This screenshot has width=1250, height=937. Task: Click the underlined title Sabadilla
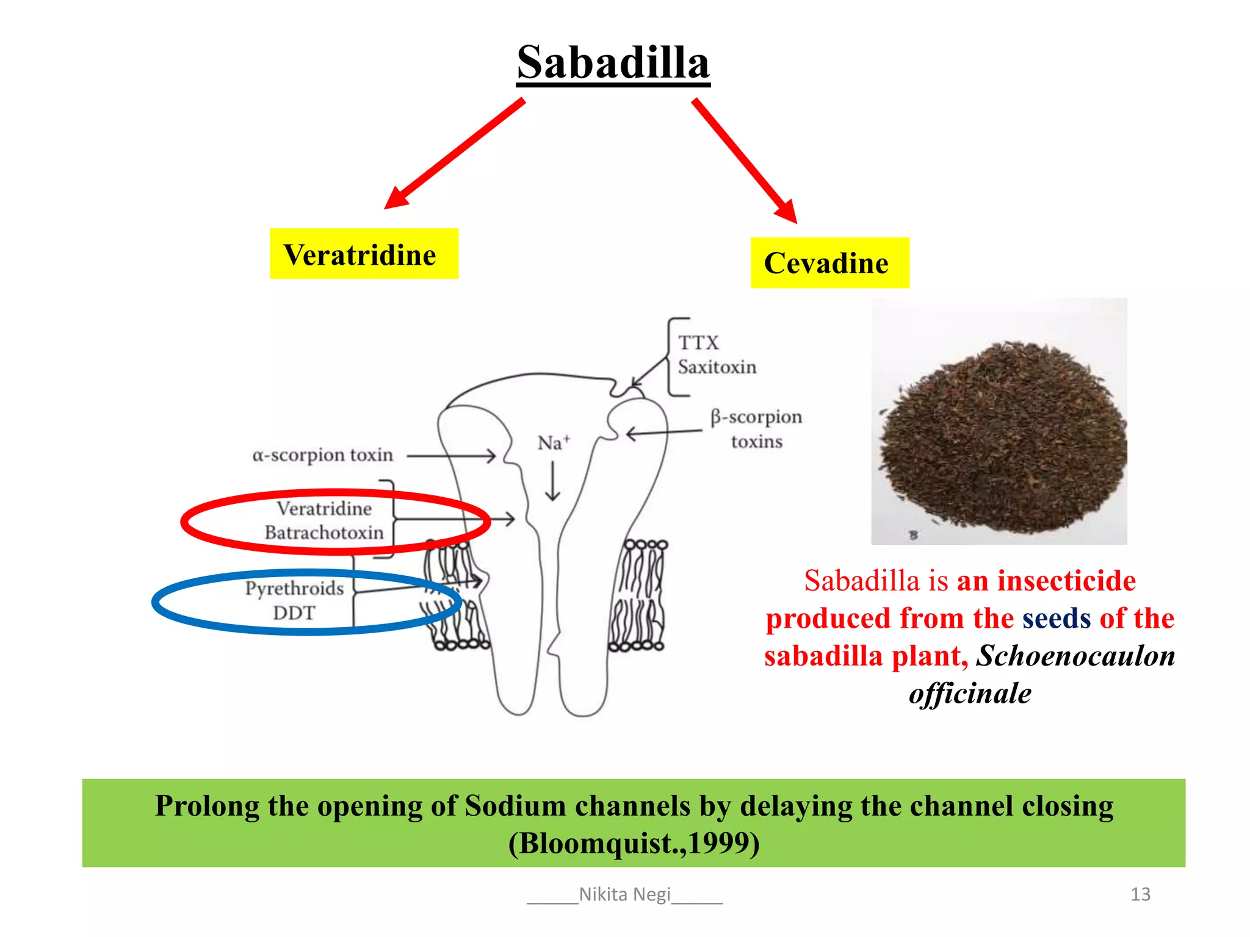coord(613,63)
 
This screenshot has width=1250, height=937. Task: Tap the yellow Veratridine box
coord(364,254)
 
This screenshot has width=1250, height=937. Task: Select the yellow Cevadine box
coord(829,263)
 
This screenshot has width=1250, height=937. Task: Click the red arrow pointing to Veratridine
coord(454,154)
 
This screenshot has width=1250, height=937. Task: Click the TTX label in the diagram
coord(699,343)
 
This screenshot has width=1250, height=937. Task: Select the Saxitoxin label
coord(717,367)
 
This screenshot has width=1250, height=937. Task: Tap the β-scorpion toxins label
coord(756,429)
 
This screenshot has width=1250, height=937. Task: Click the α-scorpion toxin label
coord(322,455)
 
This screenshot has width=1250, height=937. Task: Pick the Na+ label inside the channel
coord(553,443)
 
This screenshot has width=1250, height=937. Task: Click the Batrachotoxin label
coord(324,533)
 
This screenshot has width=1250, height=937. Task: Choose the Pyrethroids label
coord(295,588)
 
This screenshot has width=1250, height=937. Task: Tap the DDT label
coord(294,612)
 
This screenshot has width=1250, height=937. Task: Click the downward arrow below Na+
coord(553,481)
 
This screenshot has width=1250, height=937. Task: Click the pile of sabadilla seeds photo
coord(999,421)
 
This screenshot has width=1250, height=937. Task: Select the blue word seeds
coord(1056,619)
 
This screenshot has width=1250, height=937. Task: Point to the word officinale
coord(969,694)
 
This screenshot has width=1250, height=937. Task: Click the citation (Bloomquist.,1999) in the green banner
coord(634,844)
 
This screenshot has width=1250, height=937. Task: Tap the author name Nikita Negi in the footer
coord(624,894)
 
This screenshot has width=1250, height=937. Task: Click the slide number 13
coord(1140,894)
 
